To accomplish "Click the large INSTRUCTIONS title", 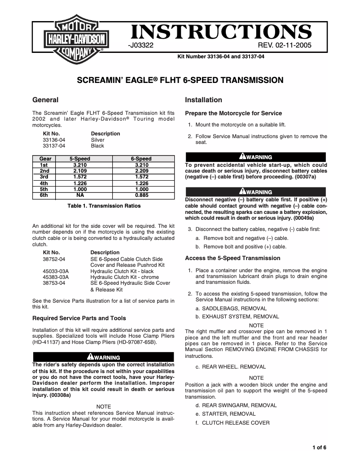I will pos(220,32).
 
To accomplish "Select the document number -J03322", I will pos(141,46).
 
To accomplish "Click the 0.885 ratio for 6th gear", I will pos(141,196).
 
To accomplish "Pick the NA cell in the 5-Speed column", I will pos(79,196).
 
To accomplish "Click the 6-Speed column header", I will pos(141,159).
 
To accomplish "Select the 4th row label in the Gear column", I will pos(44,183).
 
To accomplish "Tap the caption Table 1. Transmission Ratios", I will pos(104,206).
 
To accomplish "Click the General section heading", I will pos(46,100).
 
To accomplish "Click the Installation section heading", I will pos(203,100).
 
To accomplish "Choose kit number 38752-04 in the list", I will pos(54,259).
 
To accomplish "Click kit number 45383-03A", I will pos(55,277).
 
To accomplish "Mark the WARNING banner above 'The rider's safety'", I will pos(104,357).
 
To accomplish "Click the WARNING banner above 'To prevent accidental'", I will pos(255,157).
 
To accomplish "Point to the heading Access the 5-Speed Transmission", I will pos(233,258).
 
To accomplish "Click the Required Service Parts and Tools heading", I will pos(79,318).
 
